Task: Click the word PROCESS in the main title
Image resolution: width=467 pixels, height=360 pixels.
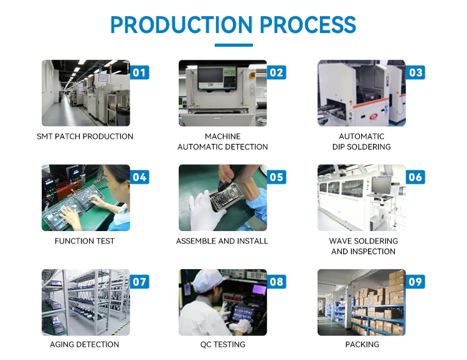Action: point(308,25)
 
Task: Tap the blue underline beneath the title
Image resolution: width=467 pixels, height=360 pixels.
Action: point(233,45)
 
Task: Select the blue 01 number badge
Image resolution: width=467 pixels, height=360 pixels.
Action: point(139,72)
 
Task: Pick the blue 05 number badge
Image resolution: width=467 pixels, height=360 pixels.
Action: point(276,177)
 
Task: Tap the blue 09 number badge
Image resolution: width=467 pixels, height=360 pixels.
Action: point(415,282)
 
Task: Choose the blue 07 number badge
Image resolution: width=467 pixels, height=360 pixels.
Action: point(139,282)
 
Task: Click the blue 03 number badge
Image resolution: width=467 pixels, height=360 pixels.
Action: point(415,72)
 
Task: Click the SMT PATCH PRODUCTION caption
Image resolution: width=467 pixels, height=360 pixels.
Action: point(85,136)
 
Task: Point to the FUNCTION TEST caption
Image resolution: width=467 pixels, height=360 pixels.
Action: point(85,241)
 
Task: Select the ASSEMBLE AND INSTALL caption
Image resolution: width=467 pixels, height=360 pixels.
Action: point(222,241)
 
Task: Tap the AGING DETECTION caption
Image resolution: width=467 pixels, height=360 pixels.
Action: point(85,344)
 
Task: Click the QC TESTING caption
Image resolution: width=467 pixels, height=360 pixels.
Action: point(222,344)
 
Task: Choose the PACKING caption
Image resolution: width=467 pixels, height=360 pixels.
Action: point(362,344)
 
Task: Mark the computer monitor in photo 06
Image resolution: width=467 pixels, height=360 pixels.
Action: point(380,184)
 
